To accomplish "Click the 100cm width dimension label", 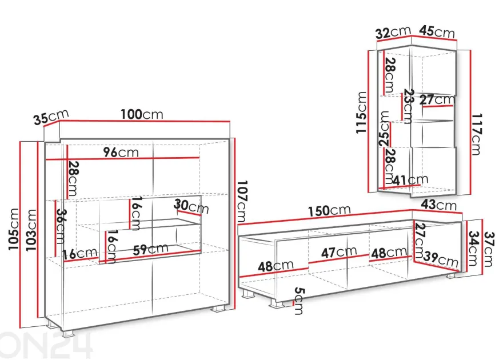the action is tap(142, 114).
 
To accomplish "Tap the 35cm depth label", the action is tap(51, 117).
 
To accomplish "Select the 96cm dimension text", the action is tap(121, 152).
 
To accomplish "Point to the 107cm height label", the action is tap(241, 201).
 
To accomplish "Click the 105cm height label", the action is tap(14, 229).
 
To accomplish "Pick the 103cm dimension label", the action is tap(31, 230).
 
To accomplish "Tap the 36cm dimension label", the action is tap(61, 226).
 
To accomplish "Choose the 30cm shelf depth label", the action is tap(191, 206).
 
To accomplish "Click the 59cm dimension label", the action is tap(150, 249).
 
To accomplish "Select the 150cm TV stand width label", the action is tap(329, 211).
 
